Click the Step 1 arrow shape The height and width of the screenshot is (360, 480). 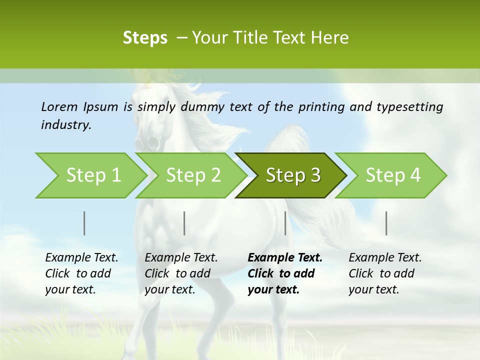(93, 175)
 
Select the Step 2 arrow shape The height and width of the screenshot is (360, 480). (193, 175)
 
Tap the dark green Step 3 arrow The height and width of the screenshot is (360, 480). (293, 175)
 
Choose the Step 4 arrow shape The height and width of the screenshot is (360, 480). (393, 175)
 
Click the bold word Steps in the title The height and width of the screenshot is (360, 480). (145, 38)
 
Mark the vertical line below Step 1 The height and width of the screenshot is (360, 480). (84, 223)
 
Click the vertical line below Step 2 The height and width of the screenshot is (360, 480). (184, 223)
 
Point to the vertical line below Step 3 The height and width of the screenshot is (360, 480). (285, 223)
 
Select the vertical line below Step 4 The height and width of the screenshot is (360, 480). (386, 223)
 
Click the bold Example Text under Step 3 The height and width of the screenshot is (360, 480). (285, 258)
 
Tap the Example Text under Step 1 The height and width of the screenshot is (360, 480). (81, 258)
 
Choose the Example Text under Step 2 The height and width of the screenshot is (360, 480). (181, 258)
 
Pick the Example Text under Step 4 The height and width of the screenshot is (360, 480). (385, 258)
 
